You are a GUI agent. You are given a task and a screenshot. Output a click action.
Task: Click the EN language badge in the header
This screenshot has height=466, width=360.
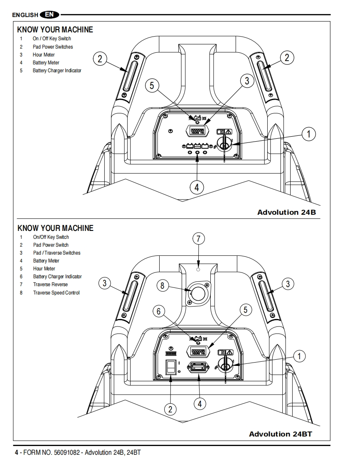[49, 14]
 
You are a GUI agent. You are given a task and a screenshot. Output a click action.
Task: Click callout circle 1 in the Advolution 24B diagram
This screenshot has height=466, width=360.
[308, 134]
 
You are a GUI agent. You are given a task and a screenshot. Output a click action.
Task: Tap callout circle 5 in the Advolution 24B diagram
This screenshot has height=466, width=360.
[152, 86]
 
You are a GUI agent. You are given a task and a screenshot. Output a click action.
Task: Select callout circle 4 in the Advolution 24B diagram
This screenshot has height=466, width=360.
[197, 188]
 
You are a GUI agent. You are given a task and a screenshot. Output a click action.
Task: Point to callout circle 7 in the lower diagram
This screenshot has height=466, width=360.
[199, 239]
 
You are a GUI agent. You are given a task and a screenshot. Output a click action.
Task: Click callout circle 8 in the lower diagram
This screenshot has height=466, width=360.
[163, 286]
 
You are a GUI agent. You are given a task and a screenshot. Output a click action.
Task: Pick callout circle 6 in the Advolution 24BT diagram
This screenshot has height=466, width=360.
[158, 311]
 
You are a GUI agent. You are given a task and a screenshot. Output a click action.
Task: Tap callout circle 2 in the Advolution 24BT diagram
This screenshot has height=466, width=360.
[170, 410]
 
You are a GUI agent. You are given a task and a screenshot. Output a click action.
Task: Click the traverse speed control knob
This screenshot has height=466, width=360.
[198, 294]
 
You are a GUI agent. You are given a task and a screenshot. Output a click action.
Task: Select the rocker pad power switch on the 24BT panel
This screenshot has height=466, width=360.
[170, 367]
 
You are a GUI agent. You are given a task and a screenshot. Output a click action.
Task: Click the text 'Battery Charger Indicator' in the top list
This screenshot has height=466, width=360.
[57, 71]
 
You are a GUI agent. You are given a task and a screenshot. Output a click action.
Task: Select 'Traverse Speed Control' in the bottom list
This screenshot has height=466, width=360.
[56, 293]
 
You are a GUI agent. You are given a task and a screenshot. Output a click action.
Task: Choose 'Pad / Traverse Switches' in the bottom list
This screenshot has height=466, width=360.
[57, 253]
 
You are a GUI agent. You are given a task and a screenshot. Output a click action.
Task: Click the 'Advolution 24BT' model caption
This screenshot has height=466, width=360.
[281, 434]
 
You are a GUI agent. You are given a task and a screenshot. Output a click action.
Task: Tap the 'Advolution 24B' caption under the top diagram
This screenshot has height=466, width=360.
[286, 212]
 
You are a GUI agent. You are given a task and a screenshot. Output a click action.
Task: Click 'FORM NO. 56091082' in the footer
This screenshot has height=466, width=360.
[52, 453]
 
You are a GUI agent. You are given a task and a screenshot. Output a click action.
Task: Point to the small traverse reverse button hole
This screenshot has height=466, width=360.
[198, 270]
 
